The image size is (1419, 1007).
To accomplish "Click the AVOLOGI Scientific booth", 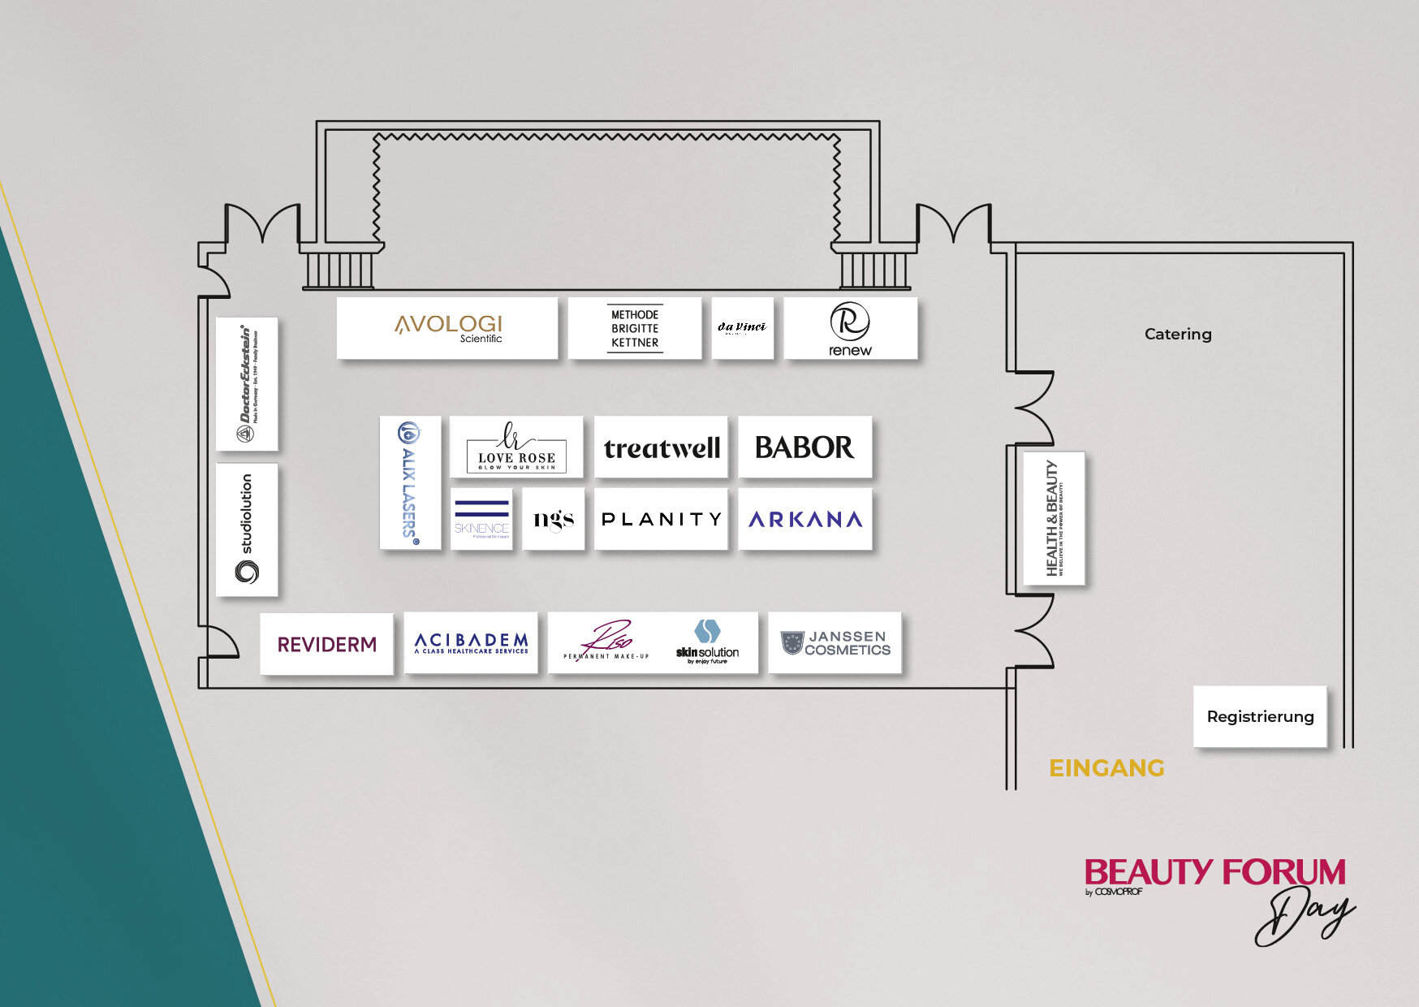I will point(447,328).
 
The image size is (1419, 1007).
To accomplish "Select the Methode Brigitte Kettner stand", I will point(635,328).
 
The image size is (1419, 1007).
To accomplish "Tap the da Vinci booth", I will point(742,328).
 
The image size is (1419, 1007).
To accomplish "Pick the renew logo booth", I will point(850,328).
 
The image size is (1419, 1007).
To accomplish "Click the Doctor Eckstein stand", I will point(247,384).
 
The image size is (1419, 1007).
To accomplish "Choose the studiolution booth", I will point(247,529).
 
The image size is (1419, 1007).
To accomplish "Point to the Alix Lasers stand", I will point(410,482).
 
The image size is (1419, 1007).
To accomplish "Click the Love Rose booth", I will point(516,447).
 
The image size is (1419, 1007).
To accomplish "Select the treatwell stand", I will point(662,447).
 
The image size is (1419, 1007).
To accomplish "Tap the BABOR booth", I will point(804,447).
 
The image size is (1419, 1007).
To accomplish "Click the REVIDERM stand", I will point(326,644).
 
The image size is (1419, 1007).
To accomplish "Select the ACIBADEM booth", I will point(471,643).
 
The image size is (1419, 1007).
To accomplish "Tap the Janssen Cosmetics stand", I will point(835,643).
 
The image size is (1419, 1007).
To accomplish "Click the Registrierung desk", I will point(1260,716).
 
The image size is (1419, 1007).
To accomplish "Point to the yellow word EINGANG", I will point(1106,768).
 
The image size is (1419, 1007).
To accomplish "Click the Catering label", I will point(1178,334).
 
